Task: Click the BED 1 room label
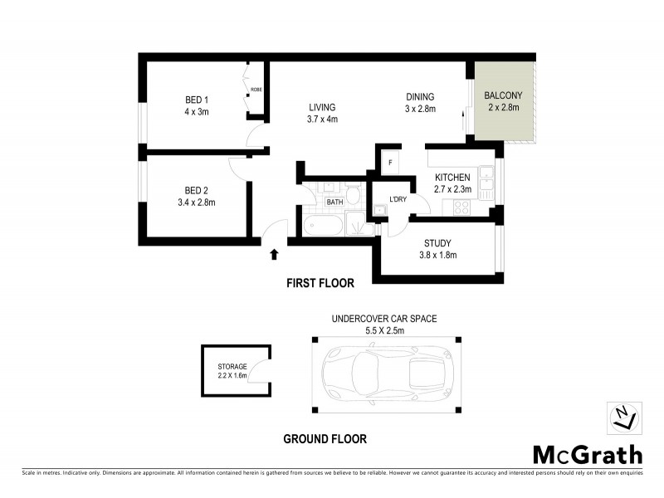197,101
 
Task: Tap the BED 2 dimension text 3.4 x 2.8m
197,201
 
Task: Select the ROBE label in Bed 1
256,89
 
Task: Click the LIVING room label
322,107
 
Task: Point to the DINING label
420,96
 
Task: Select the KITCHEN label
453,178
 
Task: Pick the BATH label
334,202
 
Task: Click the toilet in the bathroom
353,196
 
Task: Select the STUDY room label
437,243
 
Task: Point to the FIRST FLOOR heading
320,283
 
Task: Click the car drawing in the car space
385,374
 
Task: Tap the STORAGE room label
232,365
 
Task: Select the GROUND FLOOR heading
325,439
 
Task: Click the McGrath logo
587,454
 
